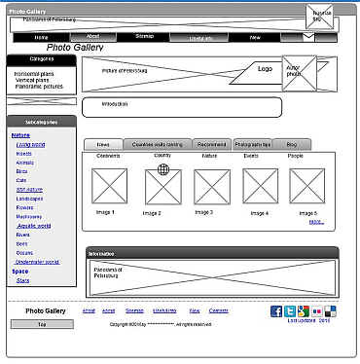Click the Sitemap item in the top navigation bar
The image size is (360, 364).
(144, 37)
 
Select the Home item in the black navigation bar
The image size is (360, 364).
(41, 37)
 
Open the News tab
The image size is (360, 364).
(103, 143)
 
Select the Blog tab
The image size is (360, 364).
(291, 143)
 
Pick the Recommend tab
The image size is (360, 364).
(211, 143)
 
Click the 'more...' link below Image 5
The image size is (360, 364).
(316, 222)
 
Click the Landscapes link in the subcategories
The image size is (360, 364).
(30, 198)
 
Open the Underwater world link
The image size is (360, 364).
(38, 261)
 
